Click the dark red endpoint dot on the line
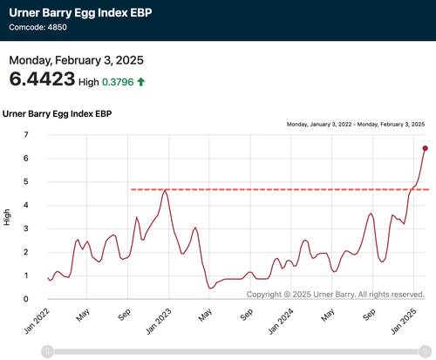click(x=425, y=148)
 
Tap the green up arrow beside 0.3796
click(x=141, y=82)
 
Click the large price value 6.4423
click(x=42, y=79)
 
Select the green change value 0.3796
click(x=118, y=82)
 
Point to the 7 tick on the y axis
click(x=26, y=134)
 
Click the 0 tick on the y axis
click(x=26, y=299)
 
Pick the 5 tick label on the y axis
click(x=26, y=181)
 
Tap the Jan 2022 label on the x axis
click(x=37, y=322)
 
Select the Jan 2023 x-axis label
click(x=159, y=322)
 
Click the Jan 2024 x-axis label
click(x=281, y=322)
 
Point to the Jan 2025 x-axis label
click(x=404, y=322)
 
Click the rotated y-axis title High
click(x=6, y=217)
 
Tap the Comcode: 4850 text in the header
click(x=38, y=27)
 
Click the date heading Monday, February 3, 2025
click(x=77, y=60)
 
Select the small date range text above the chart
click(x=356, y=125)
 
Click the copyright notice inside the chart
click(x=336, y=295)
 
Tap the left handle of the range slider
click(x=48, y=351)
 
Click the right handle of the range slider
click(x=425, y=351)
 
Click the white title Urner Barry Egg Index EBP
click(x=80, y=13)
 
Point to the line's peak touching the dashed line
click(x=165, y=190)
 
